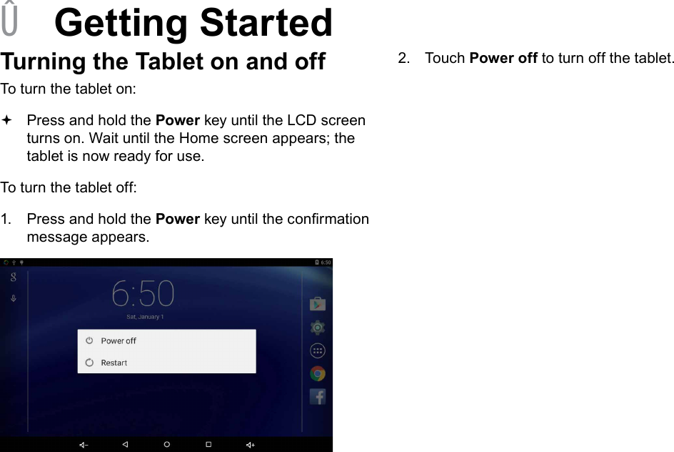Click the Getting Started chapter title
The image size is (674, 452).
[x=193, y=23]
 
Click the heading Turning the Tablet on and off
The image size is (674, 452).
[x=163, y=62]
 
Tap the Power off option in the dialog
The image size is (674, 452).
[x=118, y=341]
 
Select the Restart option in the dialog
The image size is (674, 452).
[x=114, y=363]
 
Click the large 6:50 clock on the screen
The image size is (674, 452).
[x=143, y=293]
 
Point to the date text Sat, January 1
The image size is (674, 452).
[x=145, y=317]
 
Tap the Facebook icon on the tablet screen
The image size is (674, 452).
[x=318, y=396]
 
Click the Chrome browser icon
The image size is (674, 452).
[x=318, y=373]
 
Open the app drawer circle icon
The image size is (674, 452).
[x=318, y=350]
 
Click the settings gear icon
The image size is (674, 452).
[x=318, y=328]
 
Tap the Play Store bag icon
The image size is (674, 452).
[x=318, y=304]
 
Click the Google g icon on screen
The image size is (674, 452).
[x=13, y=278]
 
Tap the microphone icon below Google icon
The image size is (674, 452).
[x=13, y=298]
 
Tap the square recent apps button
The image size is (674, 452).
[x=208, y=444]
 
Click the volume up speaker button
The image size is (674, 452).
[x=251, y=444]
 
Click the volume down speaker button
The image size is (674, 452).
[x=84, y=444]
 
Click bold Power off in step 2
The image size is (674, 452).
[x=503, y=58]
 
